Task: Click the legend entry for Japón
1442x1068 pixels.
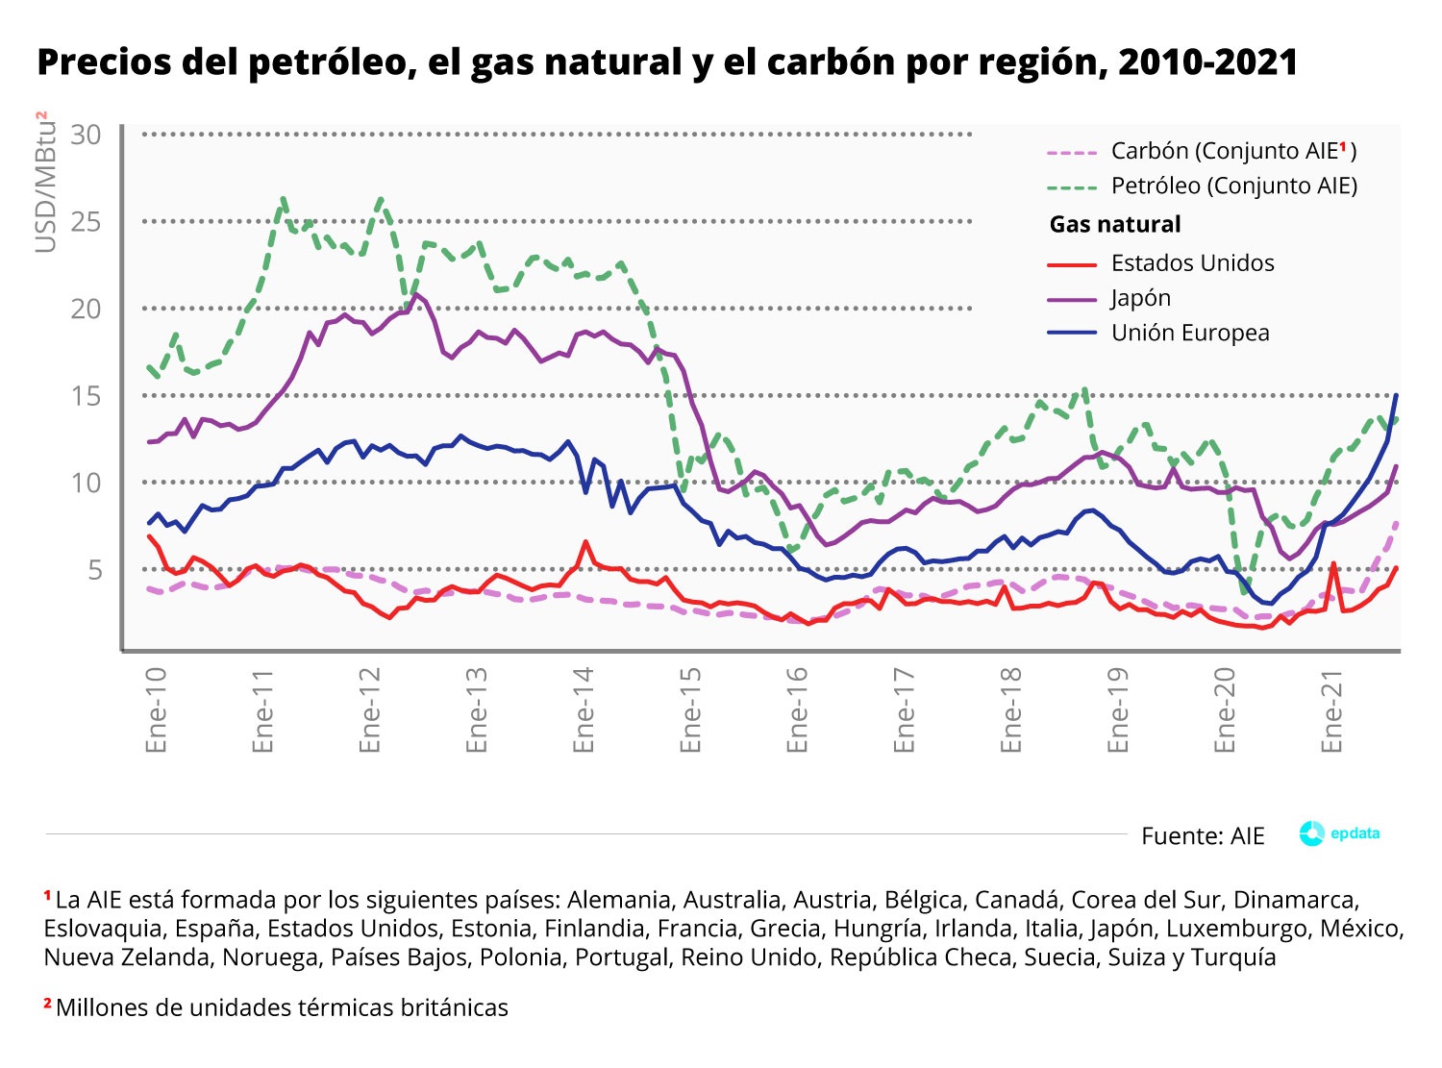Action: click(1140, 298)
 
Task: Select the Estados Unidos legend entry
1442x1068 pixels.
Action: click(1192, 263)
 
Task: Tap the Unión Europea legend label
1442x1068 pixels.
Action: click(1190, 333)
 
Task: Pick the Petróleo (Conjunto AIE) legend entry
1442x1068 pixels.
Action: click(1233, 186)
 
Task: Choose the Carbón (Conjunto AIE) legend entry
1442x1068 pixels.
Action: click(1232, 151)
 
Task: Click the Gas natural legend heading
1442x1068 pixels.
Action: click(1115, 225)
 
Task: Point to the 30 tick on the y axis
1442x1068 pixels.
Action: click(86, 135)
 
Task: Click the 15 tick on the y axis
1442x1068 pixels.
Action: click(86, 396)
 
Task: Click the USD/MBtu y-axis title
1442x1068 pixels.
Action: click(45, 183)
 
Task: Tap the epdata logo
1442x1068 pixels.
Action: click(1339, 833)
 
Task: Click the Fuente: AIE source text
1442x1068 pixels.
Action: click(1203, 836)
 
